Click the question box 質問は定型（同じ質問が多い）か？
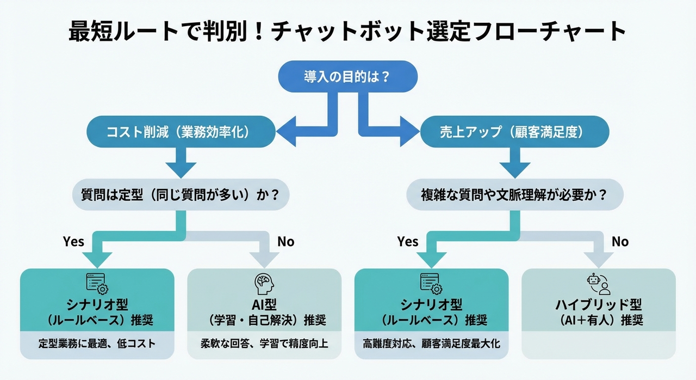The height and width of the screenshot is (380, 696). pos(179,194)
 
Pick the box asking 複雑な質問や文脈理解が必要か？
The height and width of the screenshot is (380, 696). pos(514,194)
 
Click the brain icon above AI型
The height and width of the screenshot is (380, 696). pos(264,283)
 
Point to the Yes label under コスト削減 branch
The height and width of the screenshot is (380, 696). pos(74,241)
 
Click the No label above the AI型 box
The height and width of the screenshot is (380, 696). pos(285,241)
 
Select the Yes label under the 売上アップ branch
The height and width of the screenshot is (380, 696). pos(408,241)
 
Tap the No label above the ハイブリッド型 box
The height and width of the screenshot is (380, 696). pos(620,241)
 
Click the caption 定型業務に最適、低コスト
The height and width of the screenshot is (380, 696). pos(97,344)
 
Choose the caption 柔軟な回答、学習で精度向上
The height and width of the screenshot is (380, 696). pos(264,344)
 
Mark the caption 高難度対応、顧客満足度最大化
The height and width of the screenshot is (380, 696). pos(431,344)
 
